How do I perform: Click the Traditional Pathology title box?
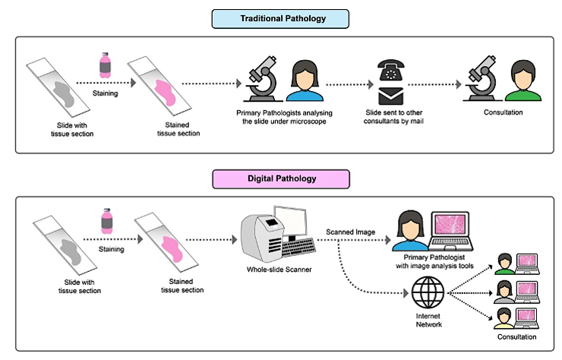(x=280, y=19)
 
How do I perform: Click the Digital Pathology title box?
(x=280, y=178)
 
